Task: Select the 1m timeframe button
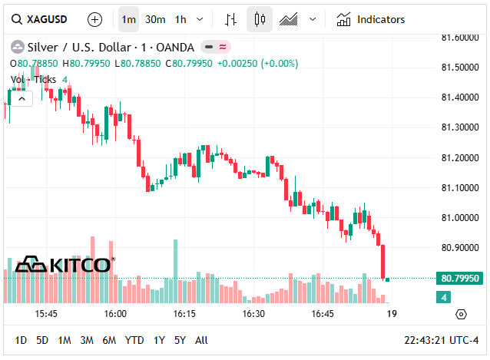pyautogui.click(x=129, y=19)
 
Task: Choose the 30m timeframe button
pyautogui.click(x=155, y=19)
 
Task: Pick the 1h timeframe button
pyautogui.click(x=180, y=19)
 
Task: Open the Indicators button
pyautogui.click(x=371, y=19)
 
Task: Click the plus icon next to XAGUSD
pyautogui.click(x=94, y=19)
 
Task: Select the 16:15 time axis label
pyautogui.click(x=184, y=314)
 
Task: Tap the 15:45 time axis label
pyautogui.click(x=46, y=314)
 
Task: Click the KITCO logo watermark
pyautogui.click(x=65, y=265)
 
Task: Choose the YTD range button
pyautogui.click(x=134, y=340)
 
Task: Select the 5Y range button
pyautogui.click(x=180, y=340)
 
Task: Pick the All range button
pyautogui.click(x=201, y=340)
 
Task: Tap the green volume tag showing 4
pyautogui.click(x=445, y=297)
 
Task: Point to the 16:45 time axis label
pyautogui.click(x=323, y=314)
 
